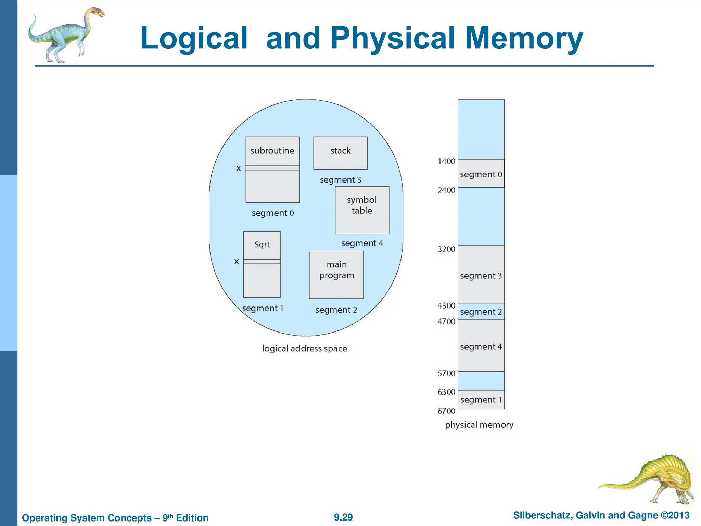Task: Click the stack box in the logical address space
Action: coord(340,153)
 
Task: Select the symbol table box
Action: coord(362,210)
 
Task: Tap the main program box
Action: coord(336,275)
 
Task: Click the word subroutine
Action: coord(272,151)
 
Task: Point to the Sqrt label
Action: coord(262,245)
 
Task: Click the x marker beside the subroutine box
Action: coord(239,168)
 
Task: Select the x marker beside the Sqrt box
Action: coord(237,262)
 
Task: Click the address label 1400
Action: coord(446,161)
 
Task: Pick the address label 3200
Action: coord(446,249)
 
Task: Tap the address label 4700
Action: coord(446,322)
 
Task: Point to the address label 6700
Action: coord(446,411)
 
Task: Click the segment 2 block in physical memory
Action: coord(481,311)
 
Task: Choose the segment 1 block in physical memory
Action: coord(481,400)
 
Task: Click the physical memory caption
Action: coord(479,425)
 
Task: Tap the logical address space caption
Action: coord(305,349)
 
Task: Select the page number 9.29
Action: coord(343,517)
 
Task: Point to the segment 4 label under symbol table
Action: coord(362,243)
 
